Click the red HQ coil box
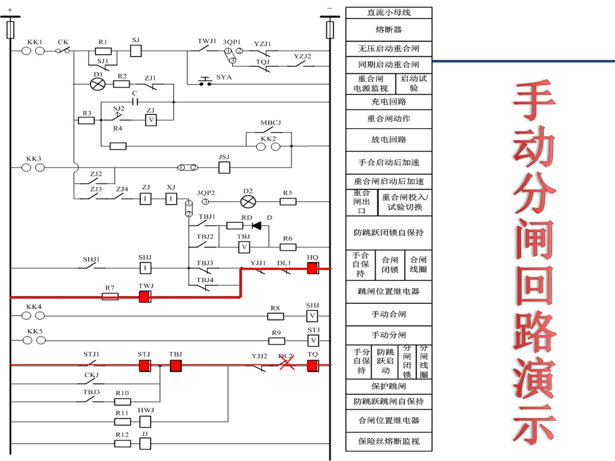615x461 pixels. [313, 268]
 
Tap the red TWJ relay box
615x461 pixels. [145, 297]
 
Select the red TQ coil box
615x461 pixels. [313, 365]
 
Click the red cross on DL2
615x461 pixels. [286, 364]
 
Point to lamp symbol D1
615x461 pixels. [97, 83]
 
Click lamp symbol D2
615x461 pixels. [248, 201]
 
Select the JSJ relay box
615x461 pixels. [224, 167]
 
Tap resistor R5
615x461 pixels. [288, 201]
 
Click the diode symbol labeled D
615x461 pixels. [256, 225]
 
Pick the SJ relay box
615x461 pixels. [136, 51]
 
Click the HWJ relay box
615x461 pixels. [146, 422]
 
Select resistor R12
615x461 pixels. [122, 443]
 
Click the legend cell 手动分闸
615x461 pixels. [388, 335]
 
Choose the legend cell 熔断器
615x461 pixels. [388, 30]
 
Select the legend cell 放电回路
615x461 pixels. [388, 139]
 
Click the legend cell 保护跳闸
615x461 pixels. [388, 386]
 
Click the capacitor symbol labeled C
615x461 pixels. [135, 101]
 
